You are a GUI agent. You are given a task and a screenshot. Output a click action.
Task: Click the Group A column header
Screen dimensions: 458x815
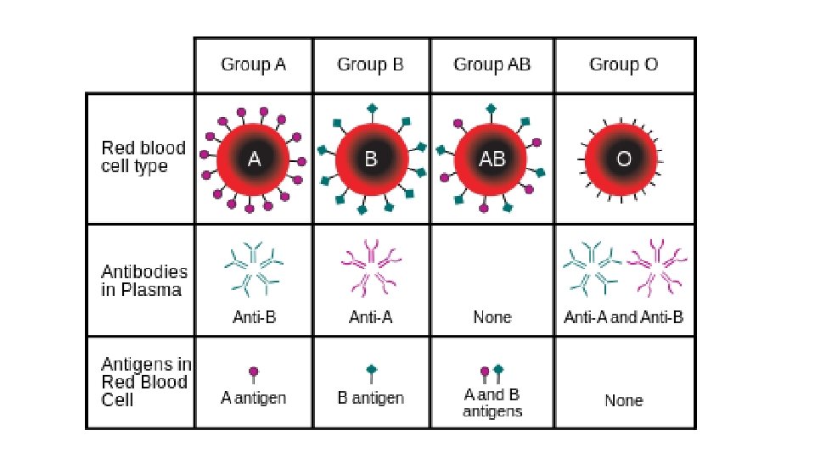tap(253, 64)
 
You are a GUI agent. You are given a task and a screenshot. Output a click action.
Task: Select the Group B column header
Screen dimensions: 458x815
tap(370, 64)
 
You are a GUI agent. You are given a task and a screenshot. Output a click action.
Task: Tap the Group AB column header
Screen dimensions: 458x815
tap(492, 64)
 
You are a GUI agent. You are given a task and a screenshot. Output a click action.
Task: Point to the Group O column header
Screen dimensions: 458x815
tap(624, 64)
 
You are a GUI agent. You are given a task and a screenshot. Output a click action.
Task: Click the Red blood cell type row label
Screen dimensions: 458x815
tap(143, 158)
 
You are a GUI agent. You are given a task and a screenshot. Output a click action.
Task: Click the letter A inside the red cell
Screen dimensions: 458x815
tap(254, 159)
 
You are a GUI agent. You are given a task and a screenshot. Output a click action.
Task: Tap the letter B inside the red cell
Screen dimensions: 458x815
tap(370, 159)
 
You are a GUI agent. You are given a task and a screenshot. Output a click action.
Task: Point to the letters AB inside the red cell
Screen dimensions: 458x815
tap(492, 159)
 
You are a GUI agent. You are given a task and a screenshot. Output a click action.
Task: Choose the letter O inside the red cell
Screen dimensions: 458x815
tap(624, 159)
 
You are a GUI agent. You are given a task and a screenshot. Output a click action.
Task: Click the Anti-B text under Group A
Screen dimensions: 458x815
tap(254, 317)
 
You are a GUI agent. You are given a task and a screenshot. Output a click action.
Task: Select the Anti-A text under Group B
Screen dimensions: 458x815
tap(370, 317)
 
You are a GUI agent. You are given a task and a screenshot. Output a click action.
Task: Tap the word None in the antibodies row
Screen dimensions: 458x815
tap(492, 317)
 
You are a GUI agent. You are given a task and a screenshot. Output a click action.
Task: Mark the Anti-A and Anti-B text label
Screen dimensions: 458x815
tap(624, 317)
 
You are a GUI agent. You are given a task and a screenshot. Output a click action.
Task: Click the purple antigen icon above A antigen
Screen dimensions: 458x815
tap(253, 374)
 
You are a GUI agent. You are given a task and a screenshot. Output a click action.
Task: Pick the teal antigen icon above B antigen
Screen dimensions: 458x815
tap(370, 372)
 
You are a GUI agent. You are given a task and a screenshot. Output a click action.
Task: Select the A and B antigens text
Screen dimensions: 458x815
tap(492, 403)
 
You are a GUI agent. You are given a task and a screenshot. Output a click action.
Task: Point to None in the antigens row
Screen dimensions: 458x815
tap(624, 400)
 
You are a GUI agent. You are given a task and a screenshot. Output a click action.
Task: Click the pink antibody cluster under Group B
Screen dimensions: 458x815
tap(371, 266)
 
